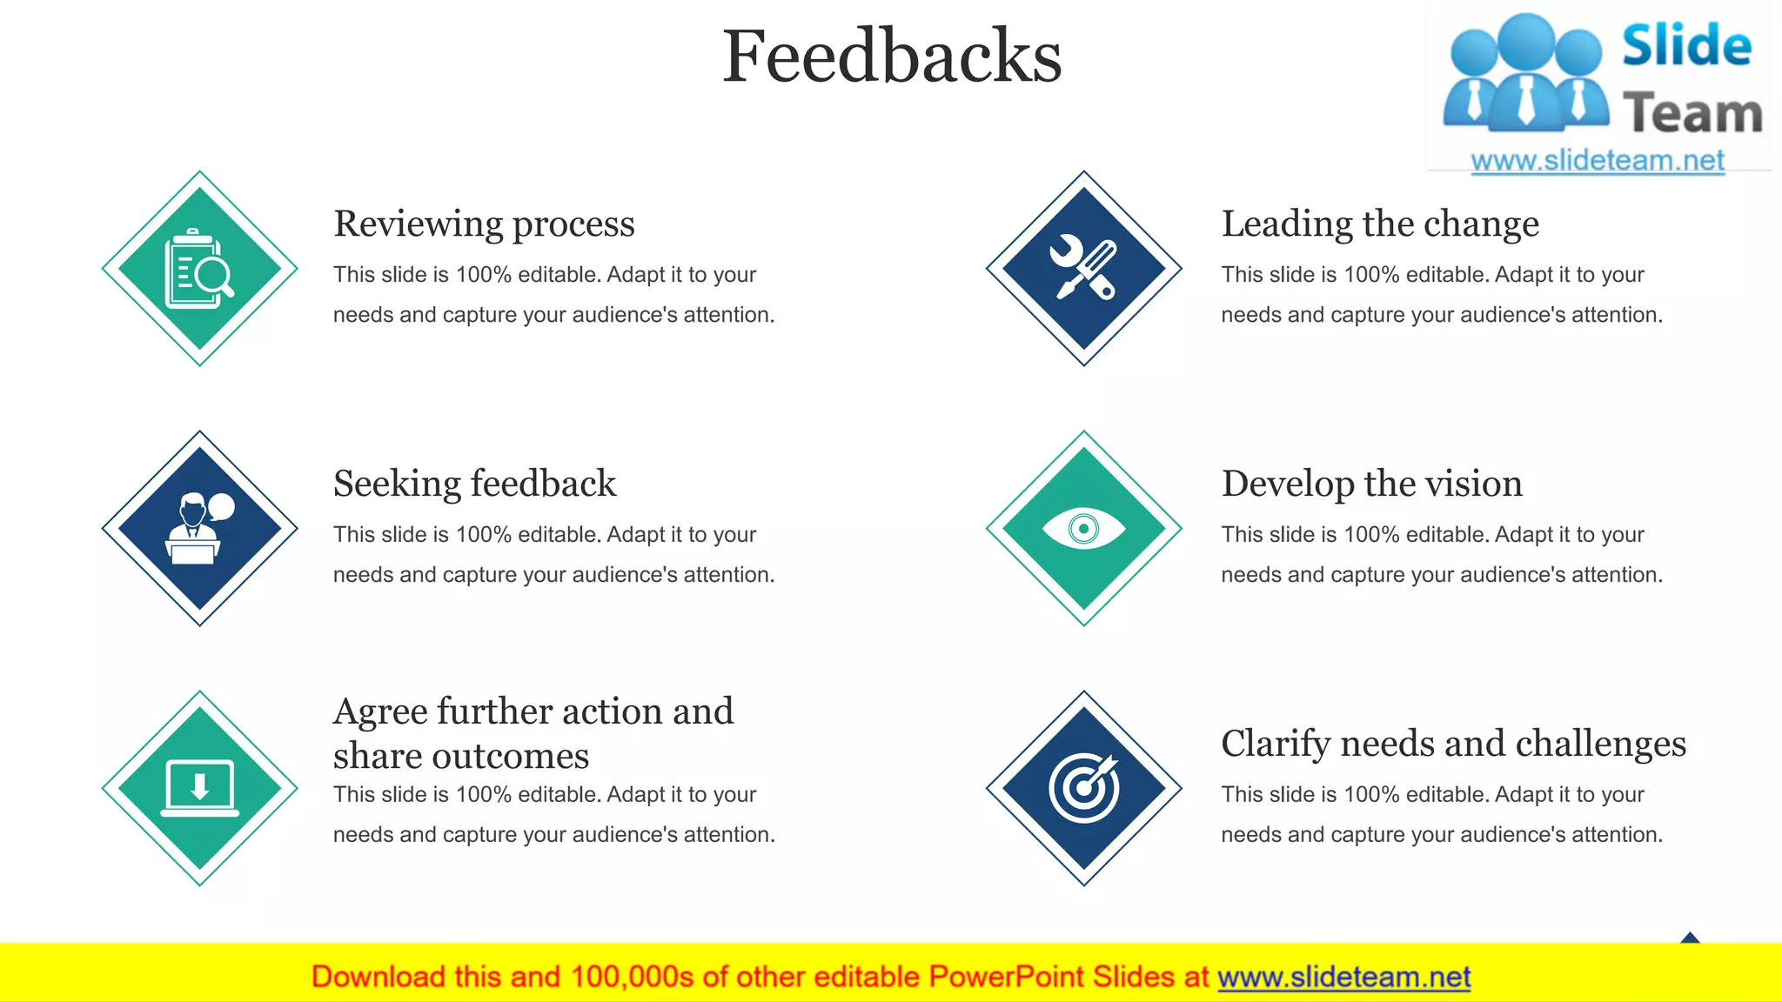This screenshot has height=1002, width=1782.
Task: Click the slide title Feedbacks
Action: [892, 57]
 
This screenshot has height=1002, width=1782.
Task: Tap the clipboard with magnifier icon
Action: [199, 269]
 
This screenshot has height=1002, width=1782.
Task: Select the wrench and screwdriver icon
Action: [1083, 269]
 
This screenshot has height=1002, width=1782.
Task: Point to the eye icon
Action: [1083, 529]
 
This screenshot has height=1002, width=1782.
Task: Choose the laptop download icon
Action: [199, 788]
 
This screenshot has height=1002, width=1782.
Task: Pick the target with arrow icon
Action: [1083, 788]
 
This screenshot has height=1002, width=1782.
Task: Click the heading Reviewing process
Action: [484, 224]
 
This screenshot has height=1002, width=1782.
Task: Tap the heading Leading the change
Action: [1380, 224]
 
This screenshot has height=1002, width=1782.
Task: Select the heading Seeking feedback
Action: [474, 484]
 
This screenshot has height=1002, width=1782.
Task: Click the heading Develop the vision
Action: [1372, 484]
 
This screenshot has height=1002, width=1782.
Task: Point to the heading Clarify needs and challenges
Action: [1453, 745]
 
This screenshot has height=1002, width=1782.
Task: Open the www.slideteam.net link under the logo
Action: [1598, 161]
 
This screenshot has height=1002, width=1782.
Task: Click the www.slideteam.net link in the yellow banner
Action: [1343, 978]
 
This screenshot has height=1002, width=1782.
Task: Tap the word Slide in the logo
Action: [1686, 46]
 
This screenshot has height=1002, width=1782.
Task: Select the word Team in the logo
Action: [1692, 114]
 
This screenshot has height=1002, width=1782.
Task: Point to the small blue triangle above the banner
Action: [1690, 938]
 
